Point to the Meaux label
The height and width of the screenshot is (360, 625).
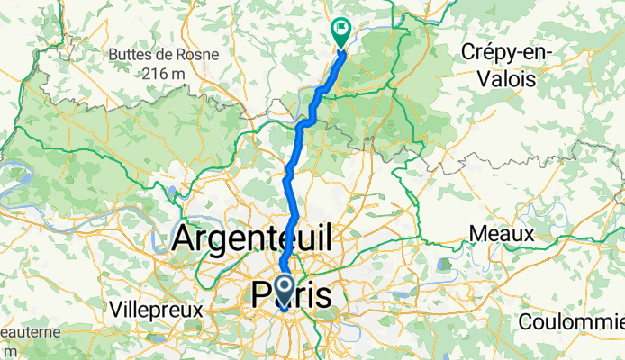[x=502, y=235]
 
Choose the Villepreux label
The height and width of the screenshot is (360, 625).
[x=155, y=308]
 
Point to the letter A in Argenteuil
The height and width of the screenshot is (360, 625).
[x=185, y=239]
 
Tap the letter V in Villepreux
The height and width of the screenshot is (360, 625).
[x=114, y=308]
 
